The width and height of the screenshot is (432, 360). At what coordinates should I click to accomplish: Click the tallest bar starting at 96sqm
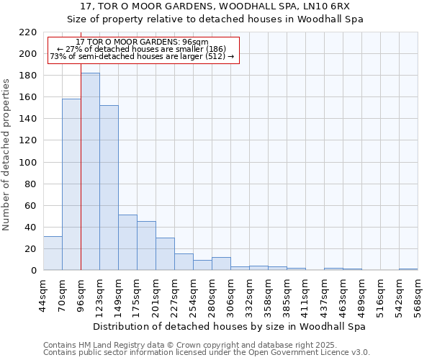(x=90, y=171)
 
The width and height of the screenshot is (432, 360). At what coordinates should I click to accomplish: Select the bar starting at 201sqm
(x=165, y=253)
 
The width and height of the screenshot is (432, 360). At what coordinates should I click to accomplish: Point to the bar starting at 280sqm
(x=221, y=264)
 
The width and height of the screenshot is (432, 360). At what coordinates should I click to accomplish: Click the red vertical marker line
(x=81, y=180)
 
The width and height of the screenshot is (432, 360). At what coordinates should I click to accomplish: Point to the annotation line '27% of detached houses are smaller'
(x=141, y=49)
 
